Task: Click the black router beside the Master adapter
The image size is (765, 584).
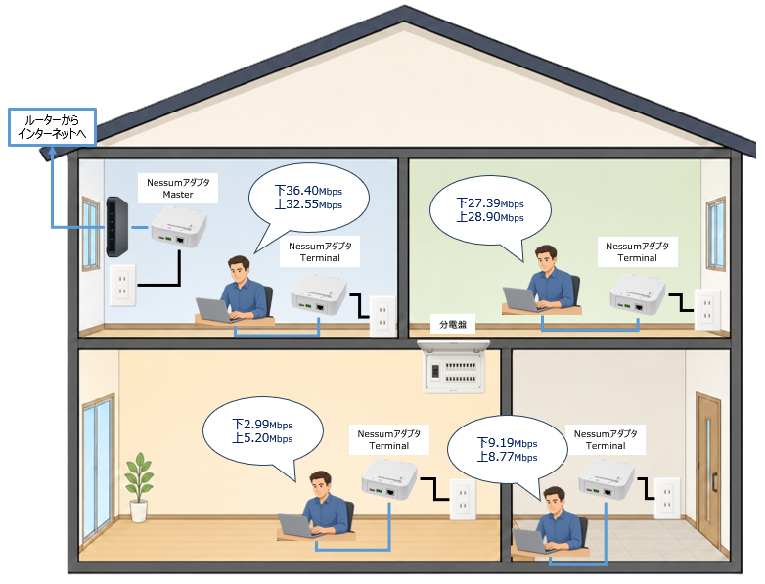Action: (x=116, y=226)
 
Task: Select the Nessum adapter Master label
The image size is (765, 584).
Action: (x=178, y=189)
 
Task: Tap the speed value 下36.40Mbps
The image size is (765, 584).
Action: (x=308, y=191)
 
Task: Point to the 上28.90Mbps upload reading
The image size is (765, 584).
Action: (x=490, y=217)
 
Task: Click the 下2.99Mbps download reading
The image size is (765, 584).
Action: (x=262, y=425)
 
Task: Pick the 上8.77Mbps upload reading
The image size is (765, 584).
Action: (x=507, y=457)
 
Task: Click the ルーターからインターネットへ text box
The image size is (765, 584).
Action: (x=52, y=127)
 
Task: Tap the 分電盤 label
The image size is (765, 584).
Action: (x=453, y=325)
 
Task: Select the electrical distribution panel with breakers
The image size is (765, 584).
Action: (x=454, y=367)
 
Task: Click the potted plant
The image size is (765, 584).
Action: (x=139, y=487)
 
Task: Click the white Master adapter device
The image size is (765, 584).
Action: (x=179, y=227)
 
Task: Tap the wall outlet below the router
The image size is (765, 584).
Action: (x=122, y=286)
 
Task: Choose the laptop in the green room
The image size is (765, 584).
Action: (x=521, y=299)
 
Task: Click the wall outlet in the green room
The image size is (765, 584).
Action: (x=707, y=310)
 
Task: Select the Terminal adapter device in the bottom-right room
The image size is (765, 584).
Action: (x=607, y=479)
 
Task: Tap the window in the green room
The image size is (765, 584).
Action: (x=716, y=233)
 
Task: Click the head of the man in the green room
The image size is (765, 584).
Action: (x=546, y=258)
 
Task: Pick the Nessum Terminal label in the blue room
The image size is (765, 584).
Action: (x=320, y=251)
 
